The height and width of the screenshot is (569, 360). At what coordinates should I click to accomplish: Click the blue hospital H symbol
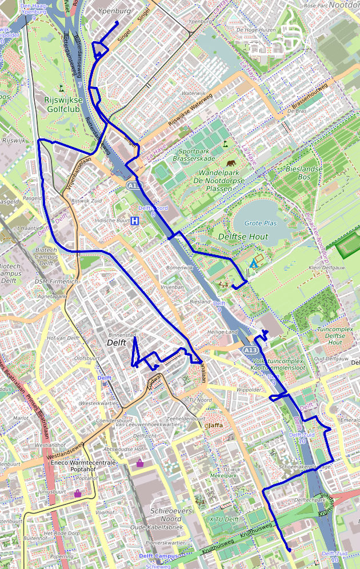(x=135, y=221)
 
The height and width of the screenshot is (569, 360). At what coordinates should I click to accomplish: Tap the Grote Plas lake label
(x=261, y=223)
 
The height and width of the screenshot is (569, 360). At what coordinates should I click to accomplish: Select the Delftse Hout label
(x=243, y=236)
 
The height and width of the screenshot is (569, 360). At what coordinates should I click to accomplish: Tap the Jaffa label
(x=215, y=425)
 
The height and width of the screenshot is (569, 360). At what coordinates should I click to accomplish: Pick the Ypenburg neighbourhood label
(x=114, y=11)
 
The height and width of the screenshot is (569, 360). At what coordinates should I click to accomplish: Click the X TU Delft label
(x=223, y=520)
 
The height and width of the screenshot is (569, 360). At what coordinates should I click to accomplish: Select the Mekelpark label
(x=223, y=475)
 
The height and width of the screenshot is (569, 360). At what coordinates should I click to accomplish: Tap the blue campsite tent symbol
(x=253, y=264)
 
